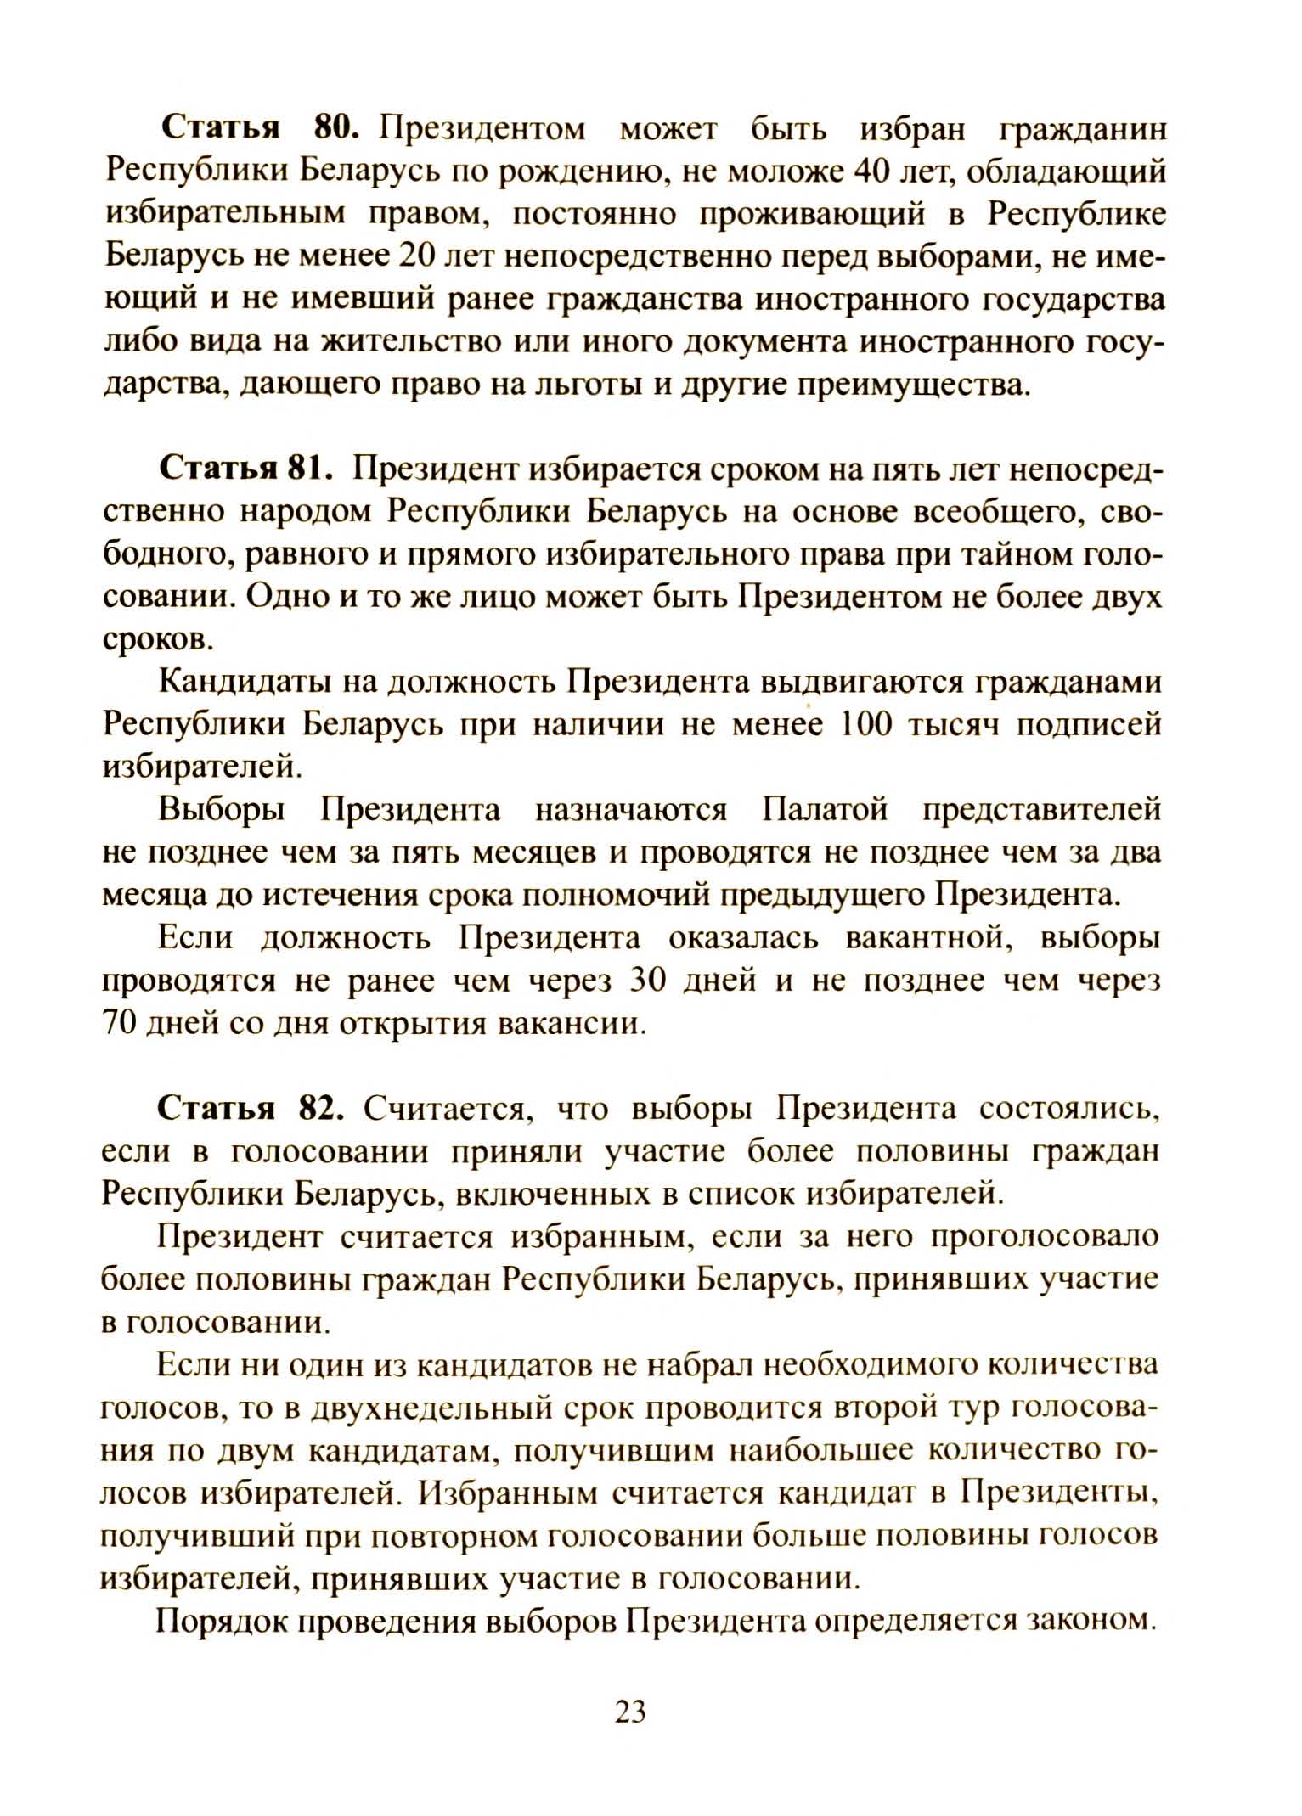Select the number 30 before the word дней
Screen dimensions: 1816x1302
click(652, 981)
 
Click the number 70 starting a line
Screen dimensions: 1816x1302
click(121, 1024)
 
